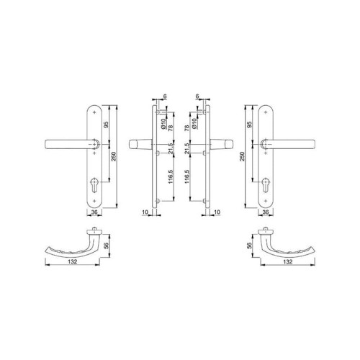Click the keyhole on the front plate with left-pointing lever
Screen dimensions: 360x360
(x=94, y=185)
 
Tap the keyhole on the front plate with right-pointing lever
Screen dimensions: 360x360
(x=266, y=185)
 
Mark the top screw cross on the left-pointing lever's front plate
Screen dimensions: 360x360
(x=94, y=112)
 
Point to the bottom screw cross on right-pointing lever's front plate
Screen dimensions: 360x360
(x=266, y=201)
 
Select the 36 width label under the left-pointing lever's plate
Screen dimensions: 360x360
(x=94, y=212)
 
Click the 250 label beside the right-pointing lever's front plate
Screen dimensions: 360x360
(x=242, y=156)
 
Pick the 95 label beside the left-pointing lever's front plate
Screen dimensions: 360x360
(x=107, y=125)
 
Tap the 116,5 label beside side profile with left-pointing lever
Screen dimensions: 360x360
(x=171, y=176)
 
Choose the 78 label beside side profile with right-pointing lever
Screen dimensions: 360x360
(x=187, y=128)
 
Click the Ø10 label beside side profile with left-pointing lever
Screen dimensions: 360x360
(x=164, y=124)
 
